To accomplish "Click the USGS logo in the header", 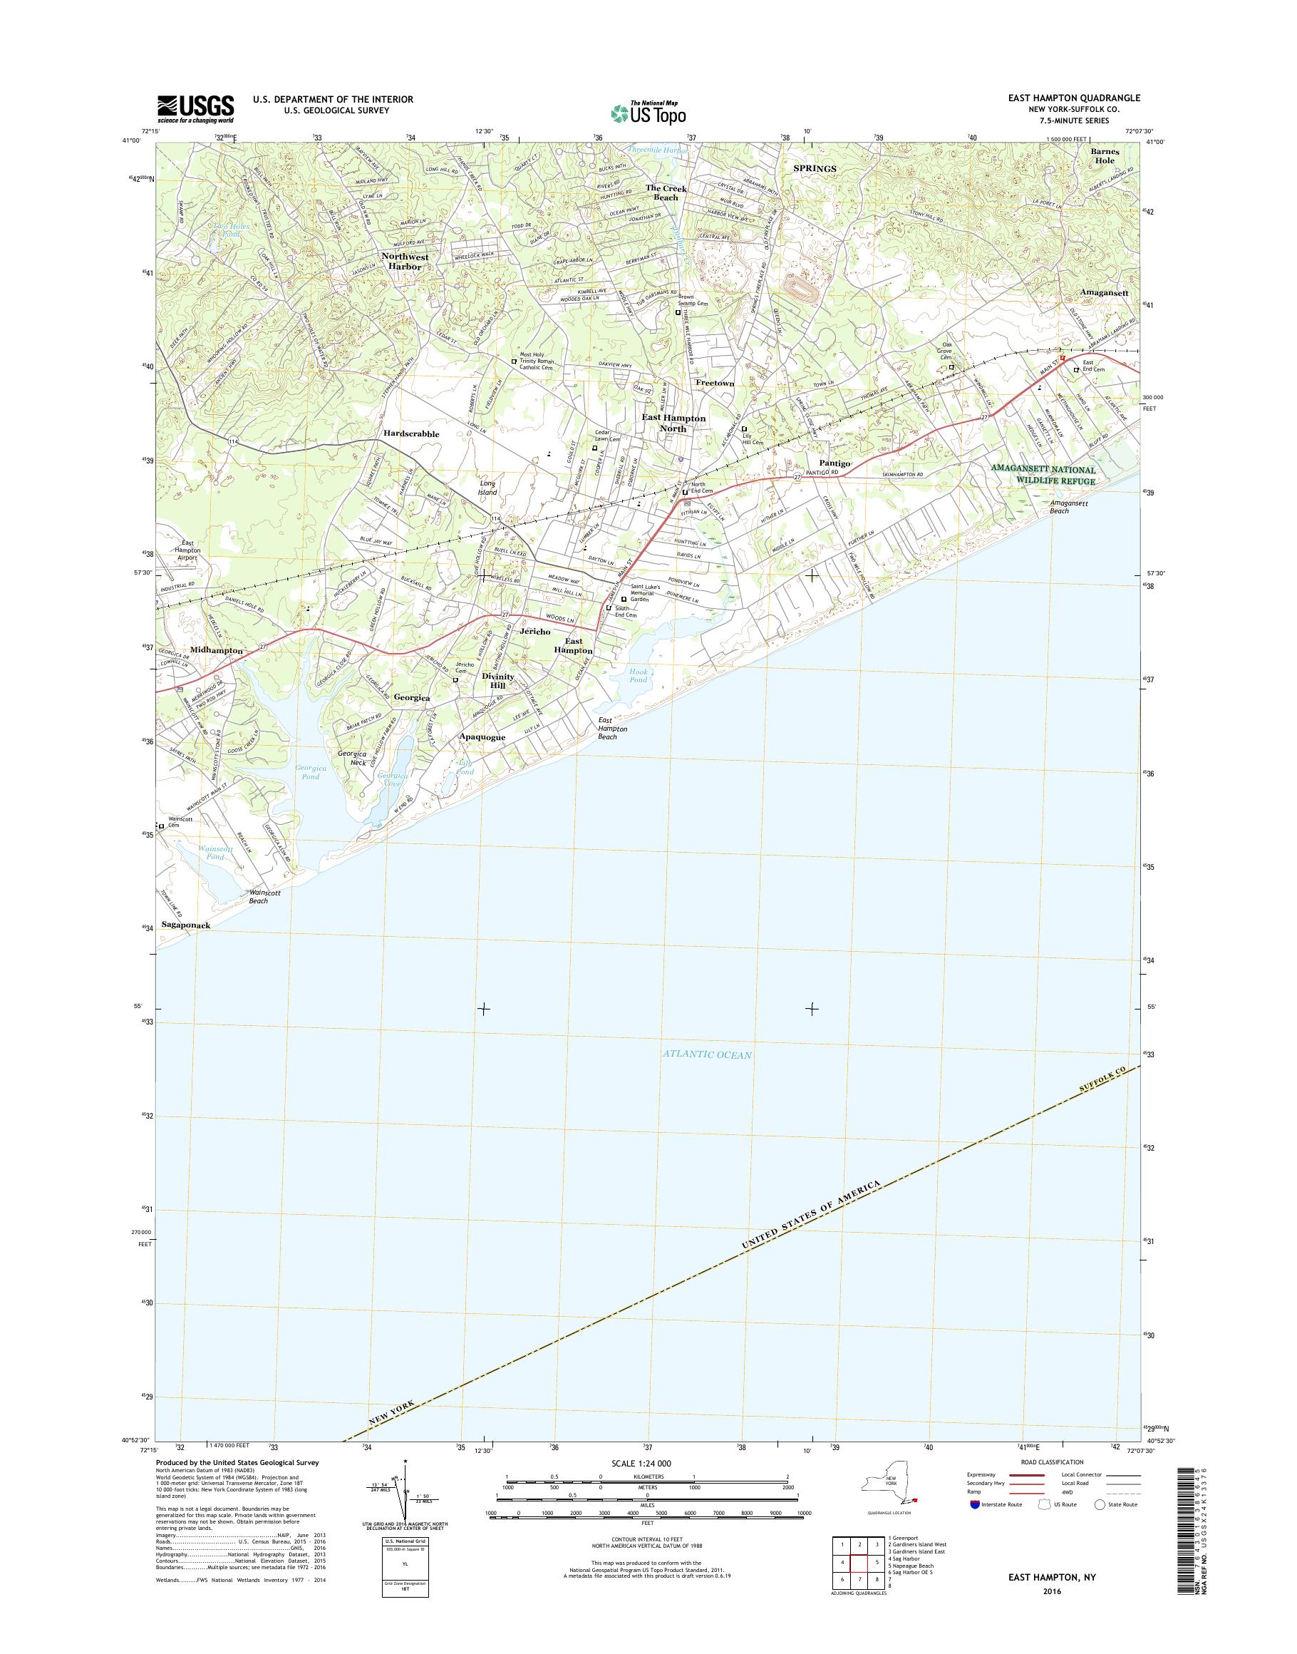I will pyautogui.click(x=195, y=108).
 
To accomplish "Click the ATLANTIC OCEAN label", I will pyautogui.click(x=706, y=1054).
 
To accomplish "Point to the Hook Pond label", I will pyautogui.click(x=638, y=675).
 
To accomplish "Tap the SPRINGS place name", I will pyautogui.click(x=815, y=169).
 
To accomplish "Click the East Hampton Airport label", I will pyautogui.click(x=187, y=550).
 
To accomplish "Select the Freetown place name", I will pyautogui.click(x=715, y=384).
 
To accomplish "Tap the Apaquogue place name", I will pyautogui.click(x=482, y=737).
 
